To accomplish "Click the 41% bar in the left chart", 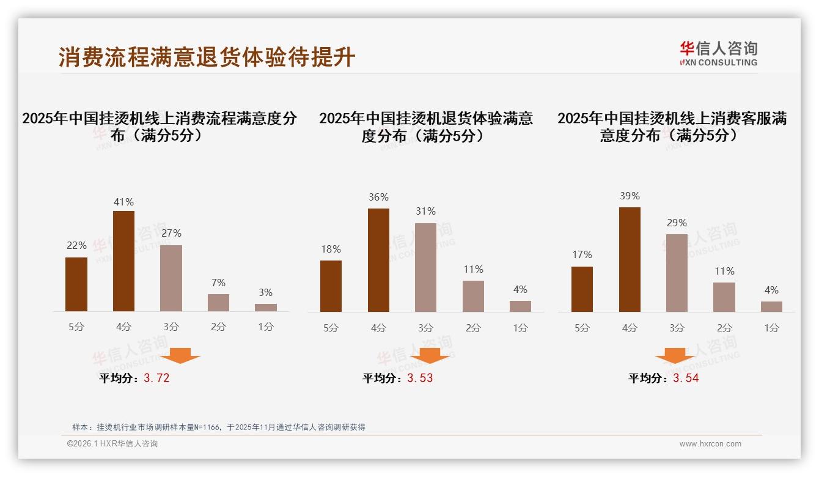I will click(123, 261).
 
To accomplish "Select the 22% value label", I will click(76, 245).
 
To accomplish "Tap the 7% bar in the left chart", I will click(218, 303).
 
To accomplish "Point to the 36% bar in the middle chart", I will click(378, 260).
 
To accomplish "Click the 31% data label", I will click(425, 211).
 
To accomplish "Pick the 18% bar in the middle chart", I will click(331, 286).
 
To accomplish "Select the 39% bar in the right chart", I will click(630, 259).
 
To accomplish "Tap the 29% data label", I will click(677, 223).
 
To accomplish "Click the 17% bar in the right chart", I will click(582, 289).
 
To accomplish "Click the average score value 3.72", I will click(156, 378).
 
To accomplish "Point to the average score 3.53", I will click(420, 378).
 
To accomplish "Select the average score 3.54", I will click(686, 378).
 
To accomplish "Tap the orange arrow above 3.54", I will click(675, 355).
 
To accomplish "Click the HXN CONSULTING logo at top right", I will click(718, 54).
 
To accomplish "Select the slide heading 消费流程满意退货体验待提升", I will click(207, 57).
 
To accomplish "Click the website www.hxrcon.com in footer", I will click(710, 444).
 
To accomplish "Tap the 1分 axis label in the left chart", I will click(266, 327).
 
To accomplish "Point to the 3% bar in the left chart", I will click(266, 308).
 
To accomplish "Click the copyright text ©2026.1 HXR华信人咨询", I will click(112, 444).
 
